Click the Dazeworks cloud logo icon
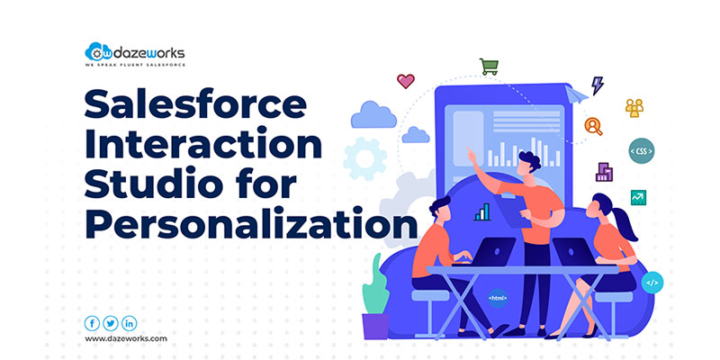click(98, 51)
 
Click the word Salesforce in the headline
click(195, 104)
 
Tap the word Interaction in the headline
click(203, 144)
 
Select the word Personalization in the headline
click(251, 224)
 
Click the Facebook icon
click(92, 324)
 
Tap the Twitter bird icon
click(110, 324)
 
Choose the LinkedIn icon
click(129, 324)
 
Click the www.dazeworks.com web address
click(126, 339)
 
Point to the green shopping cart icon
click(489, 67)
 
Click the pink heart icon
click(406, 81)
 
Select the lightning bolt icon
click(597, 85)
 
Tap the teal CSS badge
click(642, 150)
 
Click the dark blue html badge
click(498, 298)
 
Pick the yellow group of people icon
click(634, 108)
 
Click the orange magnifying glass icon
click(593, 126)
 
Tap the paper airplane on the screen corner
click(576, 94)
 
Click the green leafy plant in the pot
click(375, 285)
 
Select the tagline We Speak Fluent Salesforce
click(136, 65)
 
